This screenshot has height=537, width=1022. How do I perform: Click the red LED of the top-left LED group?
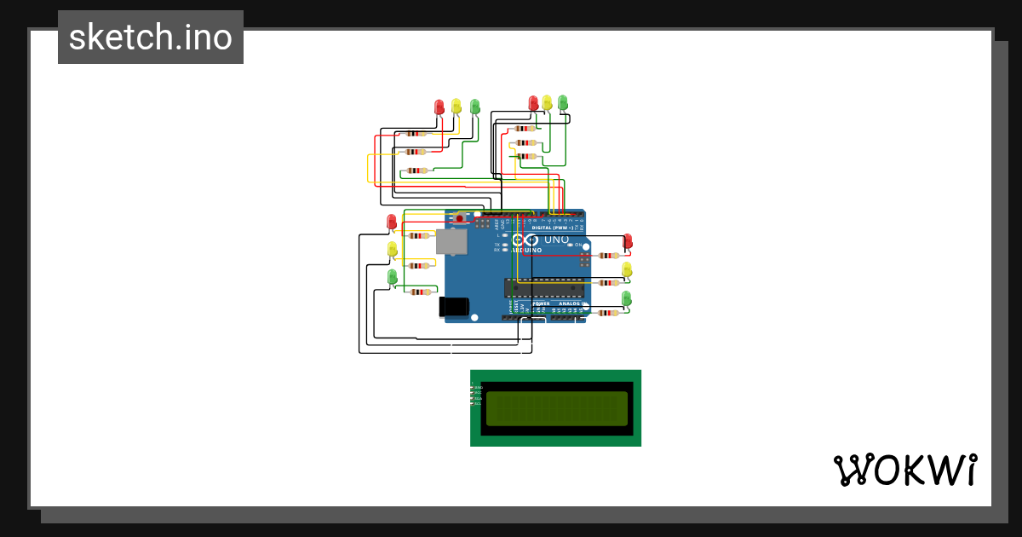pyautogui.click(x=439, y=107)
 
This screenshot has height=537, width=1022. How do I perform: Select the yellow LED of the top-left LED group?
pyautogui.click(x=456, y=106)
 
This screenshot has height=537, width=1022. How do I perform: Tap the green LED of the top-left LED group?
pyautogui.click(x=475, y=106)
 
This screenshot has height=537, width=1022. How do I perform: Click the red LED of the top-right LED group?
pyautogui.click(x=534, y=102)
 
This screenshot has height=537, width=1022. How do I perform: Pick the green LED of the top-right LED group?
pyautogui.click(x=563, y=102)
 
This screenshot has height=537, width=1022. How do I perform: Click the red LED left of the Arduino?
pyautogui.click(x=392, y=222)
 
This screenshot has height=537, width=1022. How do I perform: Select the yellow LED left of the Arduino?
pyautogui.click(x=393, y=249)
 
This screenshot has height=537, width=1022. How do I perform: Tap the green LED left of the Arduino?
pyautogui.click(x=393, y=276)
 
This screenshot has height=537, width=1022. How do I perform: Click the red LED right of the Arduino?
pyautogui.click(x=628, y=241)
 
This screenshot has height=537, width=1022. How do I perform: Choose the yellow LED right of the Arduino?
pyautogui.click(x=628, y=269)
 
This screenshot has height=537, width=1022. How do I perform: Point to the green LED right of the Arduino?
pyautogui.click(x=627, y=297)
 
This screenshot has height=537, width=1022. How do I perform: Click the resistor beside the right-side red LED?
pyautogui.click(x=608, y=255)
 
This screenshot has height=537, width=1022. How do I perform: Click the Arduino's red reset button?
pyautogui.click(x=460, y=219)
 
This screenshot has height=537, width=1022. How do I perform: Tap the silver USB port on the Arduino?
pyautogui.click(x=451, y=242)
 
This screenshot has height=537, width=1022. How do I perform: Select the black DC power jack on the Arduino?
pyautogui.click(x=454, y=307)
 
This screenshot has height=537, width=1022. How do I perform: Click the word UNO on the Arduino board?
pyautogui.click(x=555, y=240)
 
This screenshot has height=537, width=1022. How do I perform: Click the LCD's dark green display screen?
pyautogui.click(x=555, y=408)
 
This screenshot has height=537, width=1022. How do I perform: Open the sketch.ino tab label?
pyautogui.click(x=151, y=38)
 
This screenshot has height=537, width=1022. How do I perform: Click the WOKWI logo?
pyautogui.click(x=904, y=470)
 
